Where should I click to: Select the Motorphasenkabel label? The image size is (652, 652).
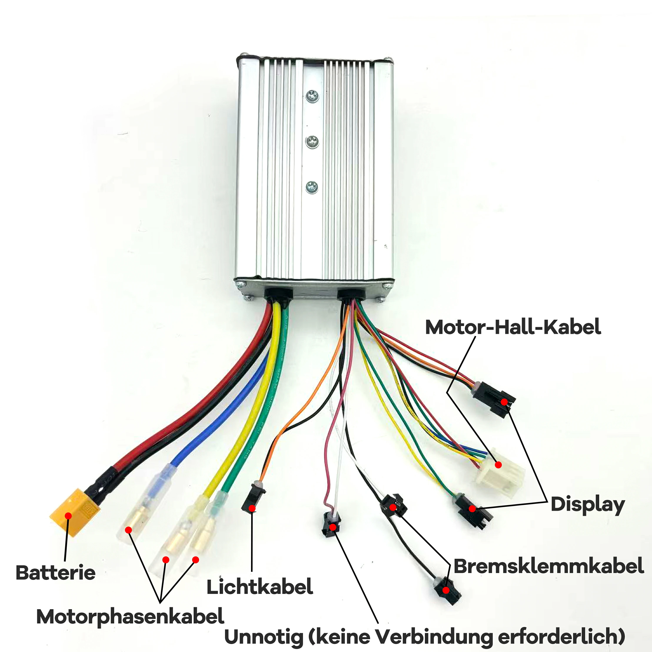(x=130, y=617)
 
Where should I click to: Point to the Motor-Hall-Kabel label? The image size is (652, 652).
(x=513, y=327)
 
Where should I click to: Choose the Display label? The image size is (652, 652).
(x=587, y=505)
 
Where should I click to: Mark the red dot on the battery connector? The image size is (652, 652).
(x=68, y=516)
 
